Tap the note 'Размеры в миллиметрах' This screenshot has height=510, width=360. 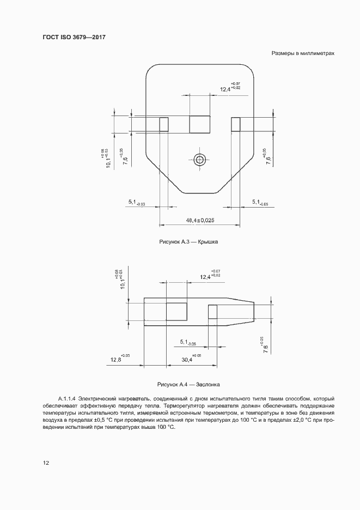(302, 54)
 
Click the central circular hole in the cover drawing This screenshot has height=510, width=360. (200, 159)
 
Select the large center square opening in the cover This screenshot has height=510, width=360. (200, 124)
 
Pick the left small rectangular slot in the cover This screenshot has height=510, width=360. (163, 124)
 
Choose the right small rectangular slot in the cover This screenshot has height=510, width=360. (236, 124)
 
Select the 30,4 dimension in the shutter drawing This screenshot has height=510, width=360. (187, 360)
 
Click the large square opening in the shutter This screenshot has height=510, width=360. (176, 312)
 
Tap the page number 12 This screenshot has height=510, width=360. (46, 463)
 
